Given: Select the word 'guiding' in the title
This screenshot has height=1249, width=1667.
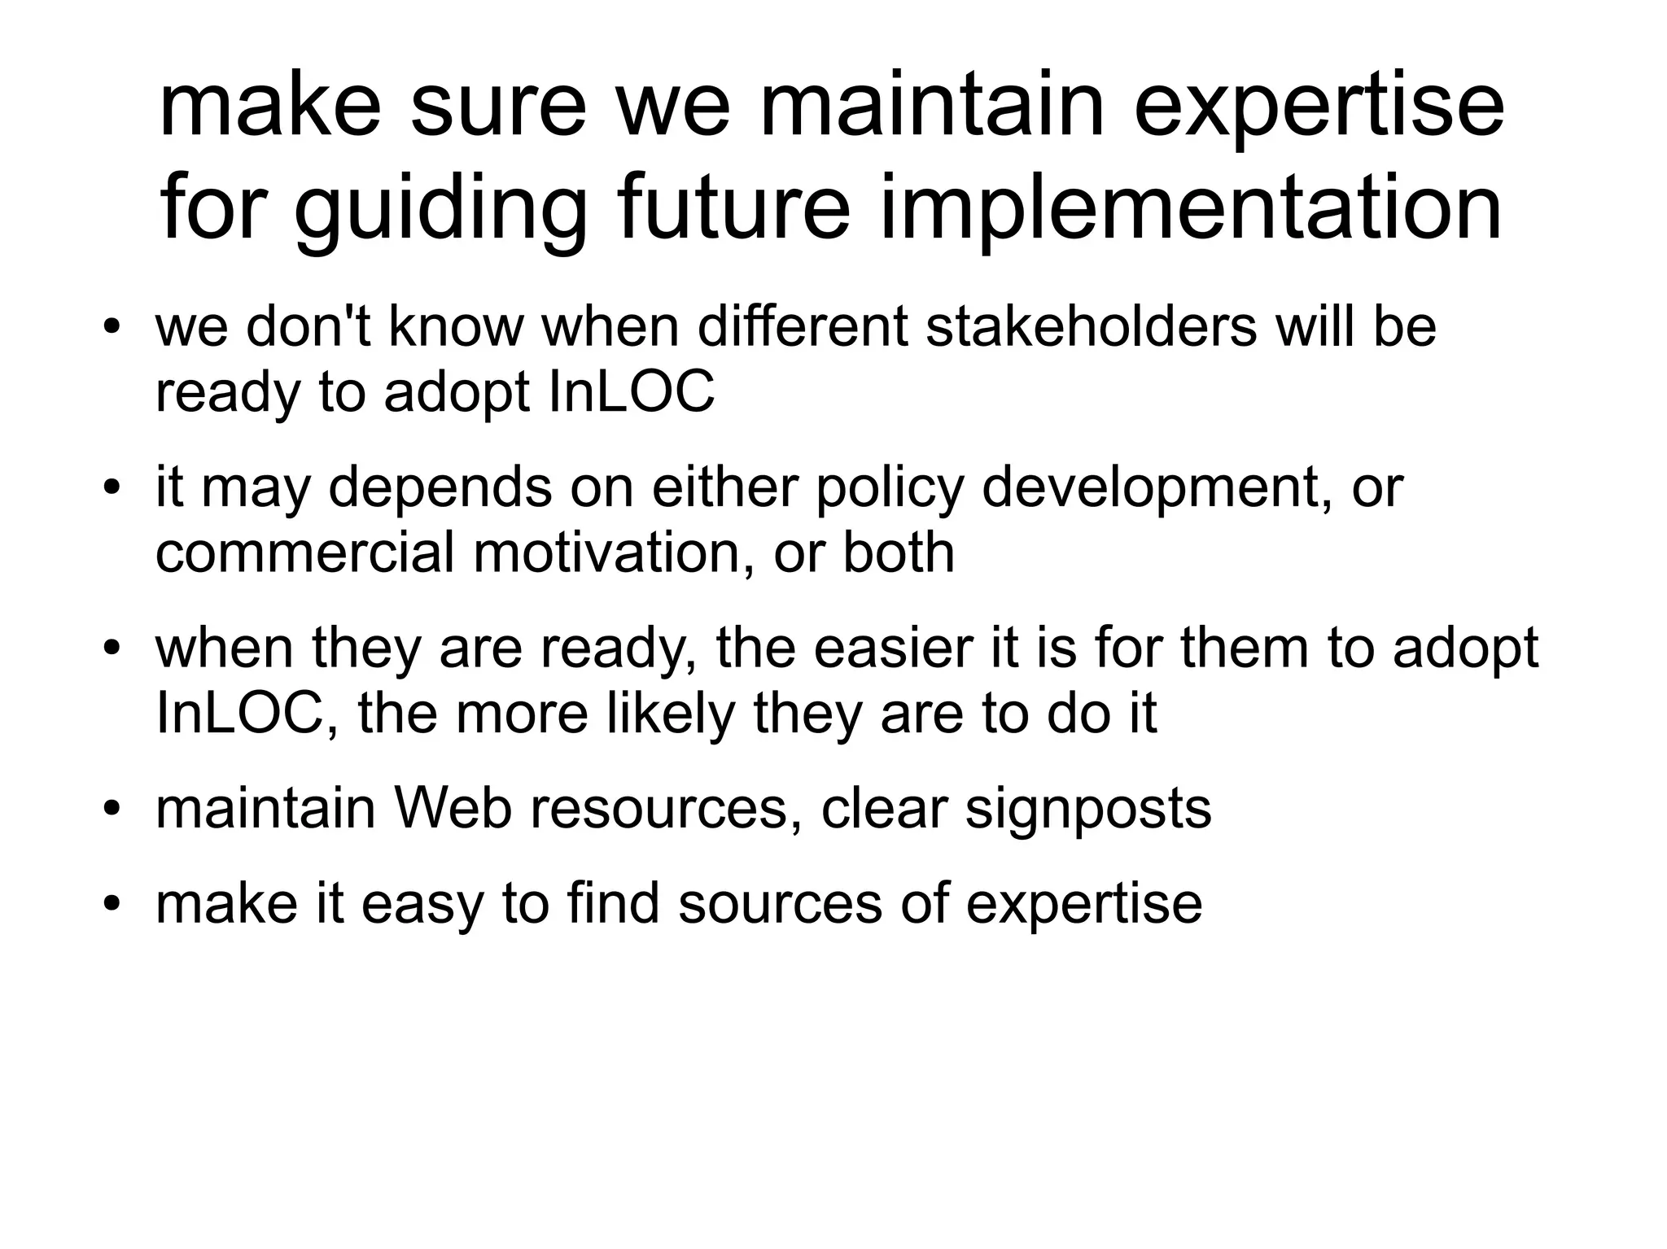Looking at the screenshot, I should pyautogui.click(x=440, y=210).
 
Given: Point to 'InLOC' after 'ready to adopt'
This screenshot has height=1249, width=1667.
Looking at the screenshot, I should pyautogui.click(x=632, y=391).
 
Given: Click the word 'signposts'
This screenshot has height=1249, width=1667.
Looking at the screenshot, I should pyautogui.click(x=1087, y=810).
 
